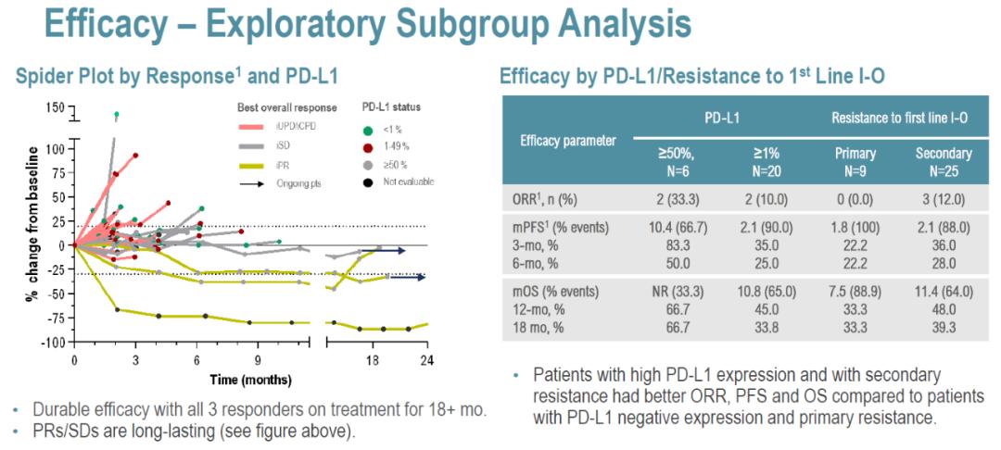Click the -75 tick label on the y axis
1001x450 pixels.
click(x=55, y=318)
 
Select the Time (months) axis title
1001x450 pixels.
click(x=250, y=380)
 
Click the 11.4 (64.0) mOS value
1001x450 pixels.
click(x=944, y=291)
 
